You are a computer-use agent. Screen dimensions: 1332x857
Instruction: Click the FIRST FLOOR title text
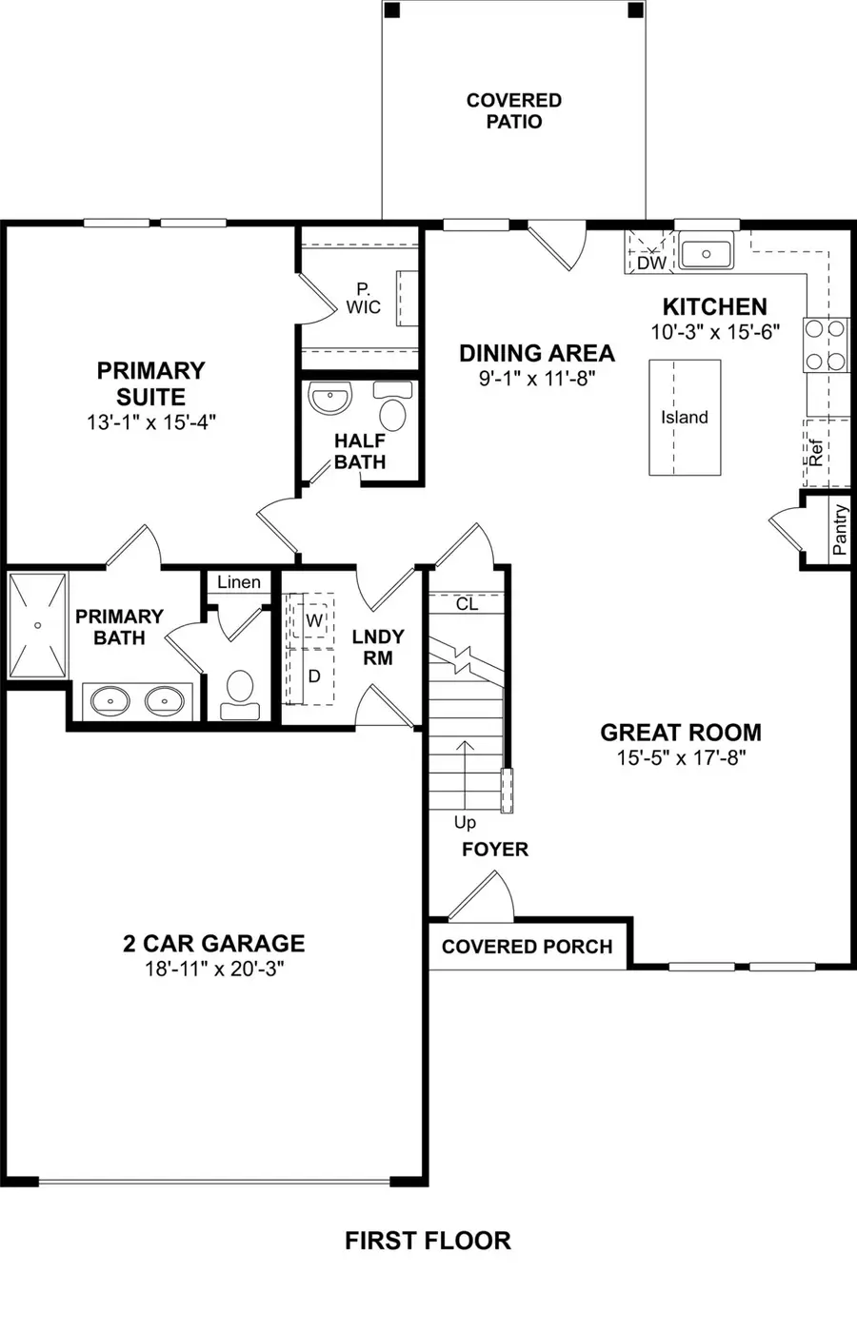point(428,1241)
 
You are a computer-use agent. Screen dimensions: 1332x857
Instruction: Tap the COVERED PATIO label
point(513,110)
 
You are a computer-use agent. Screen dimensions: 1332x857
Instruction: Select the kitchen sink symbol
point(706,254)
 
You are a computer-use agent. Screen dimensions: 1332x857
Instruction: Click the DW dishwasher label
point(651,263)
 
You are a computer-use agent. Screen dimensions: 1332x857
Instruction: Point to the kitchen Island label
point(685,417)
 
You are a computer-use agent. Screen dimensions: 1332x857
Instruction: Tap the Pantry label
point(839,531)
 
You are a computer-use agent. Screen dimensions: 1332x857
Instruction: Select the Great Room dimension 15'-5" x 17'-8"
point(680,757)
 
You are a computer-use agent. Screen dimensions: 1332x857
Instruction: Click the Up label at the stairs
point(465,822)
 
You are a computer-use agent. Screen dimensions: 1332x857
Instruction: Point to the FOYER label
point(494,849)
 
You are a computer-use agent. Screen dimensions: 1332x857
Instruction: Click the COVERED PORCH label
point(527,947)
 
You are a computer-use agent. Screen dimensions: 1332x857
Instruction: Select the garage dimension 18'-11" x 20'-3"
point(213,969)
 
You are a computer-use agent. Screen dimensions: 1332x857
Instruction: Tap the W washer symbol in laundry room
point(314,620)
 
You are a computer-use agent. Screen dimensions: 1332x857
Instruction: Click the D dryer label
point(314,676)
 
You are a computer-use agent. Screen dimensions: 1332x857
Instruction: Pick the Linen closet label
point(238,582)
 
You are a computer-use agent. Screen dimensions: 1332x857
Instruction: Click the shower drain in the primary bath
point(37,625)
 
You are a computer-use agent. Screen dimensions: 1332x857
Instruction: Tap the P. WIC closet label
point(363,298)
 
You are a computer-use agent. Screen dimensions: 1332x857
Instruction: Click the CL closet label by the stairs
point(467,604)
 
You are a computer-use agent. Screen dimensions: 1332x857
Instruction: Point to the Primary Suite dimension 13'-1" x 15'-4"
point(150,421)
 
